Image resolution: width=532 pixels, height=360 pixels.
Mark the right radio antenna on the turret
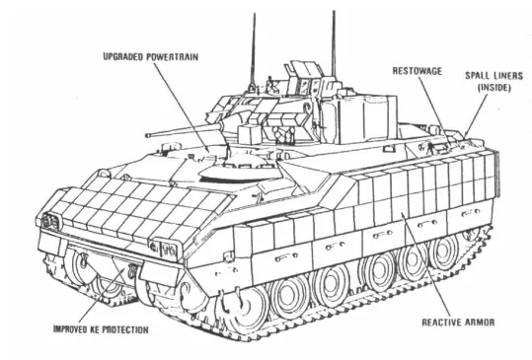click(x=333, y=39)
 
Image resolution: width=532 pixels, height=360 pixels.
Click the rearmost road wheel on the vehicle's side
click(x=445, y=254)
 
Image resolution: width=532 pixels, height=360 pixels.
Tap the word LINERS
click(x=503, y=74)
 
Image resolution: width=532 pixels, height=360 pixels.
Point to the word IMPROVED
click(x=69, y=327)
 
